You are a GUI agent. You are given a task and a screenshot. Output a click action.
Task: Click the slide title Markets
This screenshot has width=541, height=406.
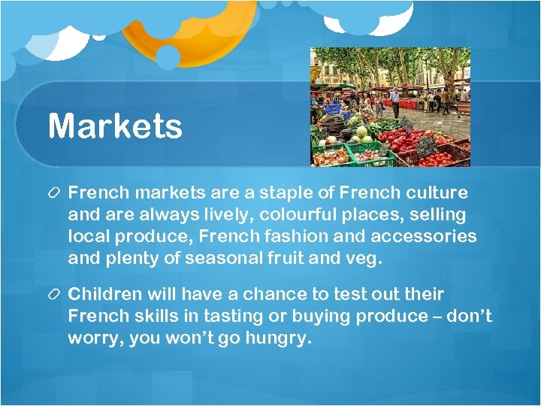(x=115, y=126)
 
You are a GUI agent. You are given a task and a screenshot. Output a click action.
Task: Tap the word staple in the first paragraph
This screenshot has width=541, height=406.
(x=289, y=193)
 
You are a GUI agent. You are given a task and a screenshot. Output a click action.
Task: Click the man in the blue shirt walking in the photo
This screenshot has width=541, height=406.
(x=394, y=102)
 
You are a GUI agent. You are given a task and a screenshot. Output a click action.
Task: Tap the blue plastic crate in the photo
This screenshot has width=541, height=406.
(x=331, y=108)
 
